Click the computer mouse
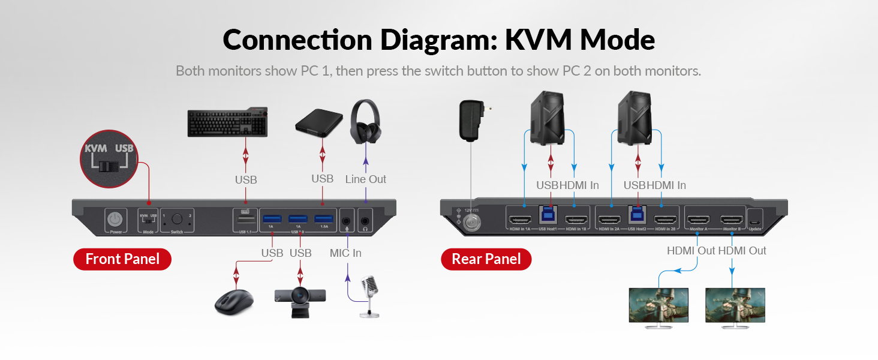(234, 301)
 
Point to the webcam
(300, 298)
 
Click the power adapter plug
(471, 120)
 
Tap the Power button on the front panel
(115, 220)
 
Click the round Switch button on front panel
(177, 219)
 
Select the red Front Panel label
(122, 259)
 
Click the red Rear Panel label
(486, 259)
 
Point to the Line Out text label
(366, 179)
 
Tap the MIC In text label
(345, 253)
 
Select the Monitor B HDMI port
(732, 220)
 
